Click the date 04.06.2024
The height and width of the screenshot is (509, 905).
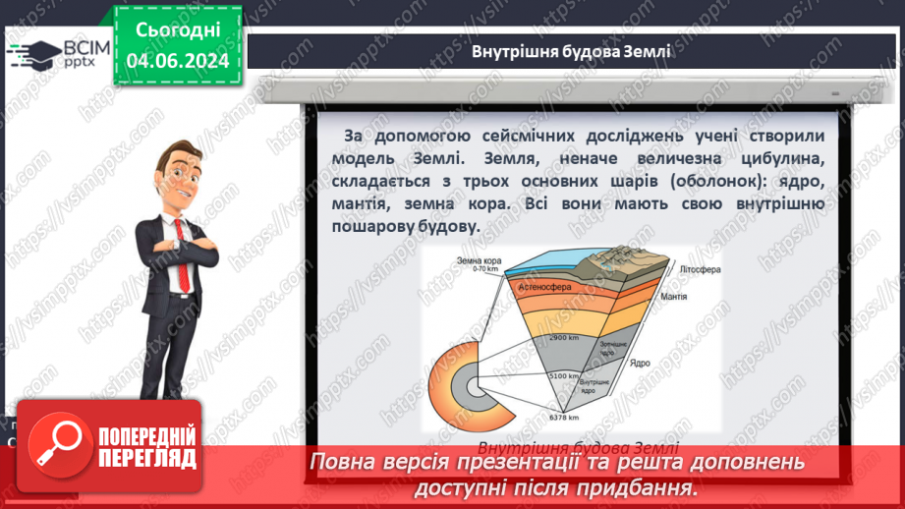tap(177, 60)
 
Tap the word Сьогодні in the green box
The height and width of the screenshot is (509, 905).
tap(177, 29)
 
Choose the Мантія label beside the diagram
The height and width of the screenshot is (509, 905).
tap(702, 295)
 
